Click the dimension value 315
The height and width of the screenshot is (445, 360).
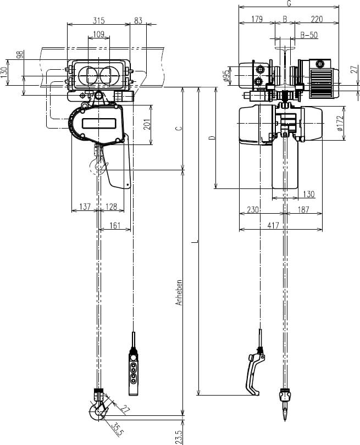99,20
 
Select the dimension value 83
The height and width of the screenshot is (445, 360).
138,20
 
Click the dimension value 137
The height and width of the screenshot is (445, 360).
85,207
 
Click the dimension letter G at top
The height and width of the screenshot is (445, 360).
289,4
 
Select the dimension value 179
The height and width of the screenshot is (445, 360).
257,19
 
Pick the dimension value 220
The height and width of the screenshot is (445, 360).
317,19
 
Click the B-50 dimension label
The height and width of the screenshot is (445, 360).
309,35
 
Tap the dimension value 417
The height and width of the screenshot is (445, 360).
273,225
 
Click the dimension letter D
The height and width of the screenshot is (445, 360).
212,137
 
